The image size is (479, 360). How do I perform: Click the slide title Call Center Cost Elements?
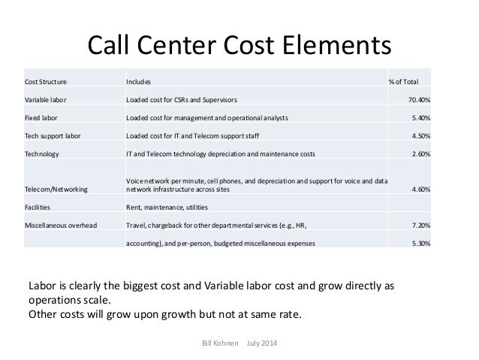239,44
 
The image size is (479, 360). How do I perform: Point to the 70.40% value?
418,99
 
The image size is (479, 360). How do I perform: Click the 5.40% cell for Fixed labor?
420,117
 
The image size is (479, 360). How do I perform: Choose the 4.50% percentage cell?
420,135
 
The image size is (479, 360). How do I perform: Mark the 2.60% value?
420,153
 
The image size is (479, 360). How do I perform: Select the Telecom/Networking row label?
56,189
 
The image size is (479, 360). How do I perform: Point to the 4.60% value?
420,189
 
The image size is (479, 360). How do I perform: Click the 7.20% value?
420,225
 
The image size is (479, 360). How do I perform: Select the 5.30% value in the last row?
420,243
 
